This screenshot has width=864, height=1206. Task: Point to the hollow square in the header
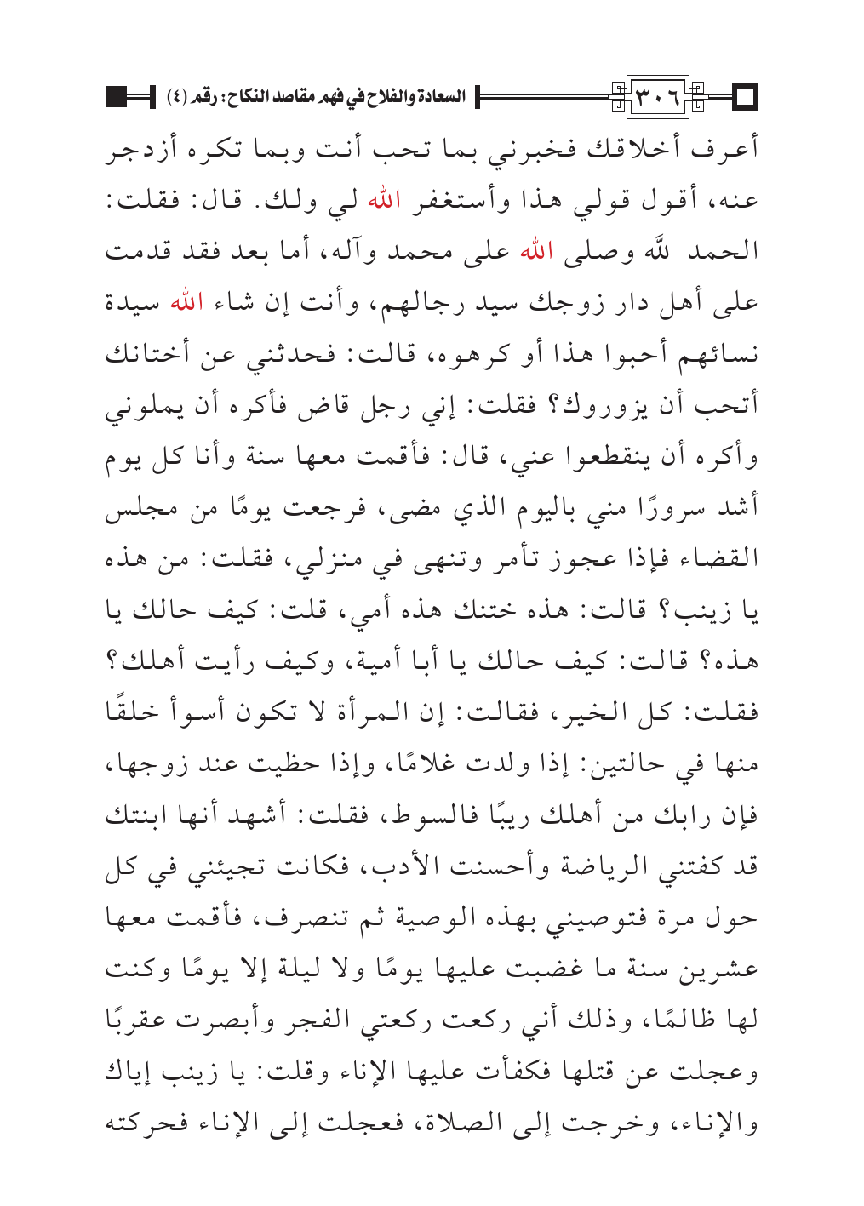coord(746,97)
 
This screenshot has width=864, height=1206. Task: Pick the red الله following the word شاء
coord(186,302)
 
